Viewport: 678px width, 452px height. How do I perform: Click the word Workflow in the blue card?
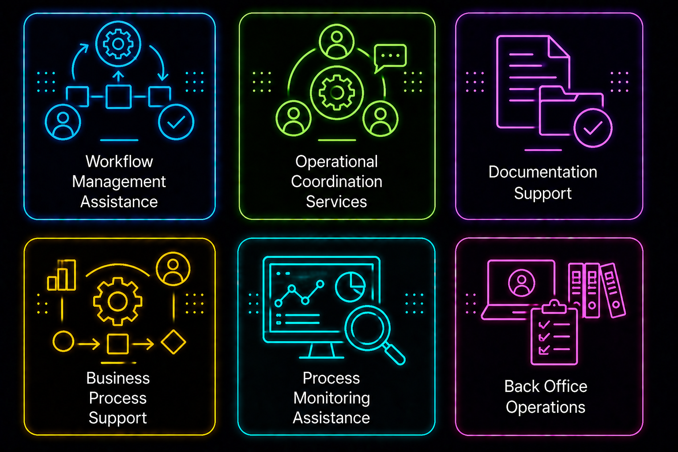pyautogui.click(x=119, y=162)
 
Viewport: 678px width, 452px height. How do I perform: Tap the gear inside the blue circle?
pyautogui.click(x=118, y=44)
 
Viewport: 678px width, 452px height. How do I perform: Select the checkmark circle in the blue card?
pyautogui.click(x=176, y=122)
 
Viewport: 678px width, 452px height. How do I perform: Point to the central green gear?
pyautogui.click(x=337, y=92)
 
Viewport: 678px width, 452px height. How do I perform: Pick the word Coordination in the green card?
pyautogui.click(x=337, y=182)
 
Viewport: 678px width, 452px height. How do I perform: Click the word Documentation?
pyautogui.click(x=543, y=172)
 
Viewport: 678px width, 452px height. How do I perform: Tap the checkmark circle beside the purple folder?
pyautogui.click(x=593, y=128)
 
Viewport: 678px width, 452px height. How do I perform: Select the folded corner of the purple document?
pyautogui.click(x=559, y=46)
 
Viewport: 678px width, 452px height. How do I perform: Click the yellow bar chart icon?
pyautogui.click(x=61, y=275)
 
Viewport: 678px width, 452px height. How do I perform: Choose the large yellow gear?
pyautogui.click(x=118, y=301)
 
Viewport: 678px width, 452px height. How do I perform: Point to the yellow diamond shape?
pyautogui.click(x=173, y=342)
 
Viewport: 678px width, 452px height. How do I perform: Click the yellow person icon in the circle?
pyautogui.click(x=173, y=269)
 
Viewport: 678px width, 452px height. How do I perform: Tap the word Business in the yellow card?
pyautogui.click(x=118, y=378)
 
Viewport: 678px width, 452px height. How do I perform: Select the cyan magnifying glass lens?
pyautogui.click(x=367, y=328)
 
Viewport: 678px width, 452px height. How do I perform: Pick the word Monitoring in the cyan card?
pyautogui.click(x=332, y=399)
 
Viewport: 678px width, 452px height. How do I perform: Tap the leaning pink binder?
pyautogui.click(x=613, y=290)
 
